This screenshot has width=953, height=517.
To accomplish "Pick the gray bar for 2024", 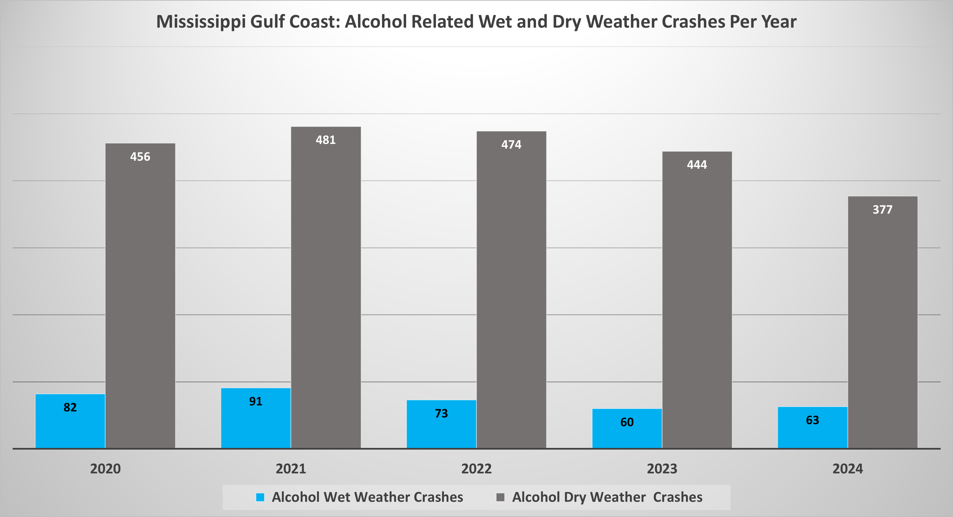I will pos(883,322).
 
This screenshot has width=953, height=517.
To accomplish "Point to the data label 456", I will pos(140,157).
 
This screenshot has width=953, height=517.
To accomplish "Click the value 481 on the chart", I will pos(326,140).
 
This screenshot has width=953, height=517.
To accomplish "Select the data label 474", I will pos(511,144).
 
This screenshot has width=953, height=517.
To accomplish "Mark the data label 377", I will pos(883,210).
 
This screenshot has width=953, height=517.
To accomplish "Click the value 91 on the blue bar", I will pos(256,401).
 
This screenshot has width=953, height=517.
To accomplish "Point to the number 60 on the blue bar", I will pos(627,422).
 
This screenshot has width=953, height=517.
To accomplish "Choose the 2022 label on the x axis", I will pos(477,469).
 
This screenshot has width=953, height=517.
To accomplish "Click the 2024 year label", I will pos(848,469).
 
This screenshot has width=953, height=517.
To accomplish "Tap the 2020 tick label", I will pos(105,469).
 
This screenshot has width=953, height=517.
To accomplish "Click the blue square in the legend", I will pos(260,497).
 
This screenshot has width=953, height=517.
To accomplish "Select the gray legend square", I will pos(500,497).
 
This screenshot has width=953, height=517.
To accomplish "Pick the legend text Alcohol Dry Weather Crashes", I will pos(607,497).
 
